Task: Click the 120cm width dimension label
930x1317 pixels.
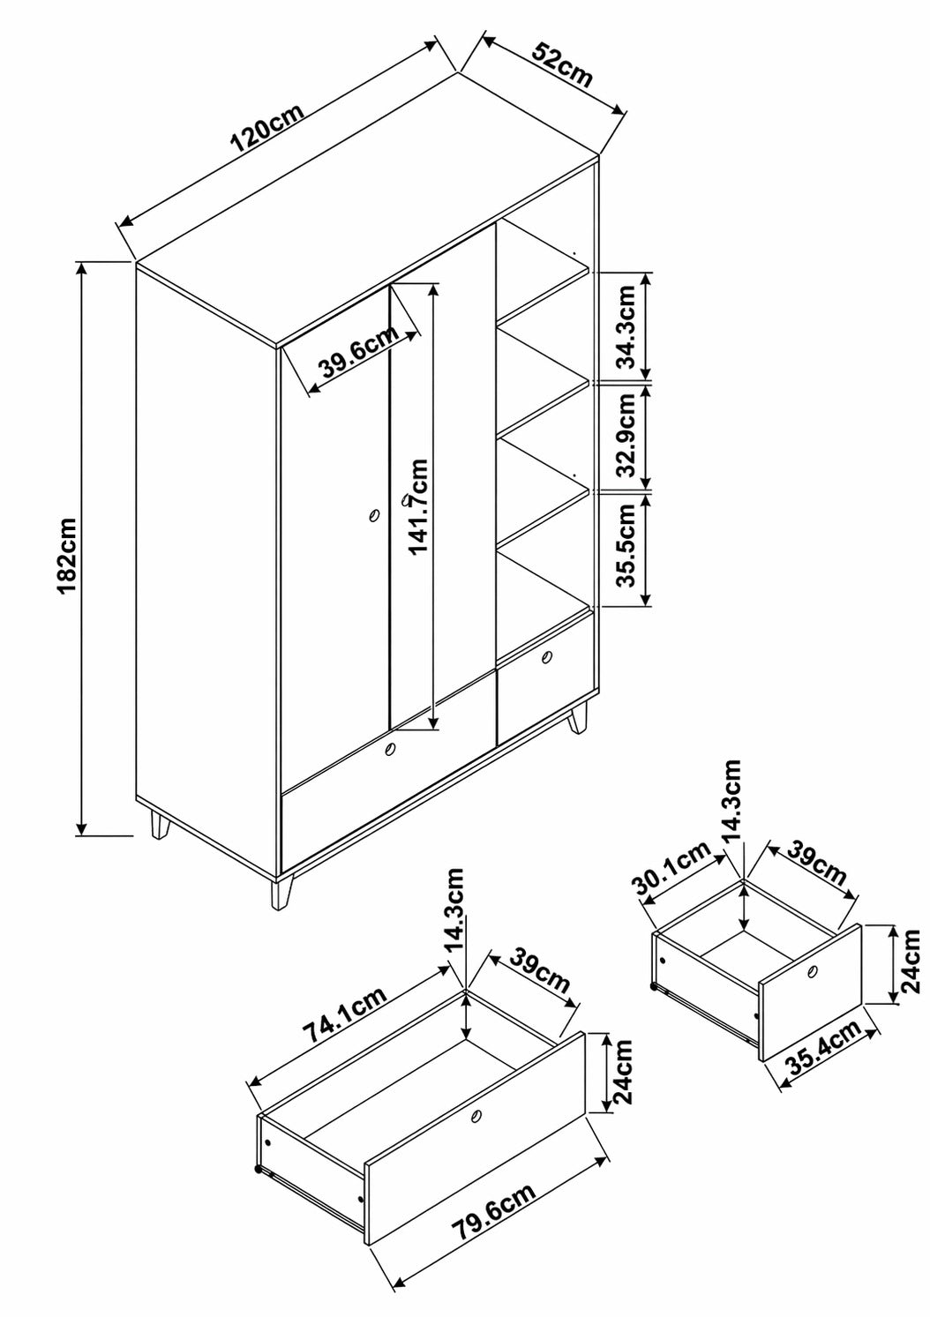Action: [267, 128]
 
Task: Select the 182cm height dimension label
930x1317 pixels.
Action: [68, 556]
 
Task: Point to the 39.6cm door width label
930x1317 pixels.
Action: [359, 352]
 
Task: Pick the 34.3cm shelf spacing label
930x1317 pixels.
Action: [627, 326]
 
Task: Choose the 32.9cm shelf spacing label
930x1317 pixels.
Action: [627, 436]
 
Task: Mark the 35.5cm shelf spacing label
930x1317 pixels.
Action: [627, 545]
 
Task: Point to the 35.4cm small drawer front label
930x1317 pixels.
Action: [823, 1047]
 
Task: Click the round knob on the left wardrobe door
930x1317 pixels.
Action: [373, 516]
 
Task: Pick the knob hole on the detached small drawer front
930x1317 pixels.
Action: [814, 970]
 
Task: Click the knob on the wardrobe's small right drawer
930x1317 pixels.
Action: [547, 657]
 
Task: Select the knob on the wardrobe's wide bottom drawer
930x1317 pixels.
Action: [389, 750]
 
